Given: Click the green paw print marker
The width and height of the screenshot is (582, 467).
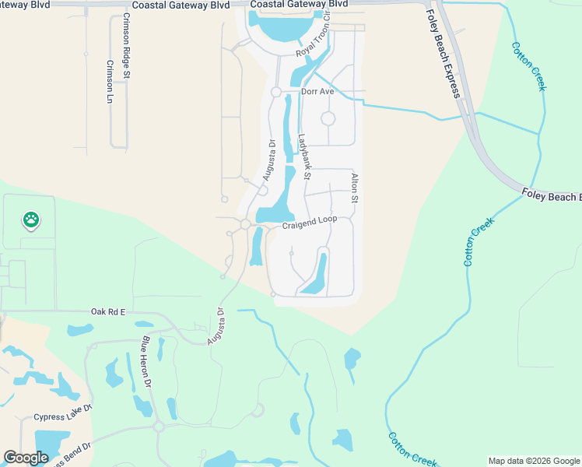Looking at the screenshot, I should click(30, 220).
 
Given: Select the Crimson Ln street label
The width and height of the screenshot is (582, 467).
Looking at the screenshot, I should click(110, 82).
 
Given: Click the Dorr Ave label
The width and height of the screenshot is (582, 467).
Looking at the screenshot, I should click(317, 92).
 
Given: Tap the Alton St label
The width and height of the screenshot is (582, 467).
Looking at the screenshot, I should click(354, 189).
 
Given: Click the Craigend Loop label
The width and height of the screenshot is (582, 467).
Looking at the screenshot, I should click(309, 220).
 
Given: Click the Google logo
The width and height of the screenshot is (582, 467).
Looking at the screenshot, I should click(26, 458).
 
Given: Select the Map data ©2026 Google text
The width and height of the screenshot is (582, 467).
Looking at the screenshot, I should click(533, 461).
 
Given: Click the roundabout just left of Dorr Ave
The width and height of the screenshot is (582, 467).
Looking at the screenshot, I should click(276, 92).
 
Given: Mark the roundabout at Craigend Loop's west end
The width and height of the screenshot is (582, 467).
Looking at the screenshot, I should click(245, 224).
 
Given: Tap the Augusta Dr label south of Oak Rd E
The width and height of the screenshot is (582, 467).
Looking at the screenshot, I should click(216, 326).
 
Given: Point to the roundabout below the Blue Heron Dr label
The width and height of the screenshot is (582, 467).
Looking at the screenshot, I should click(158, 427).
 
